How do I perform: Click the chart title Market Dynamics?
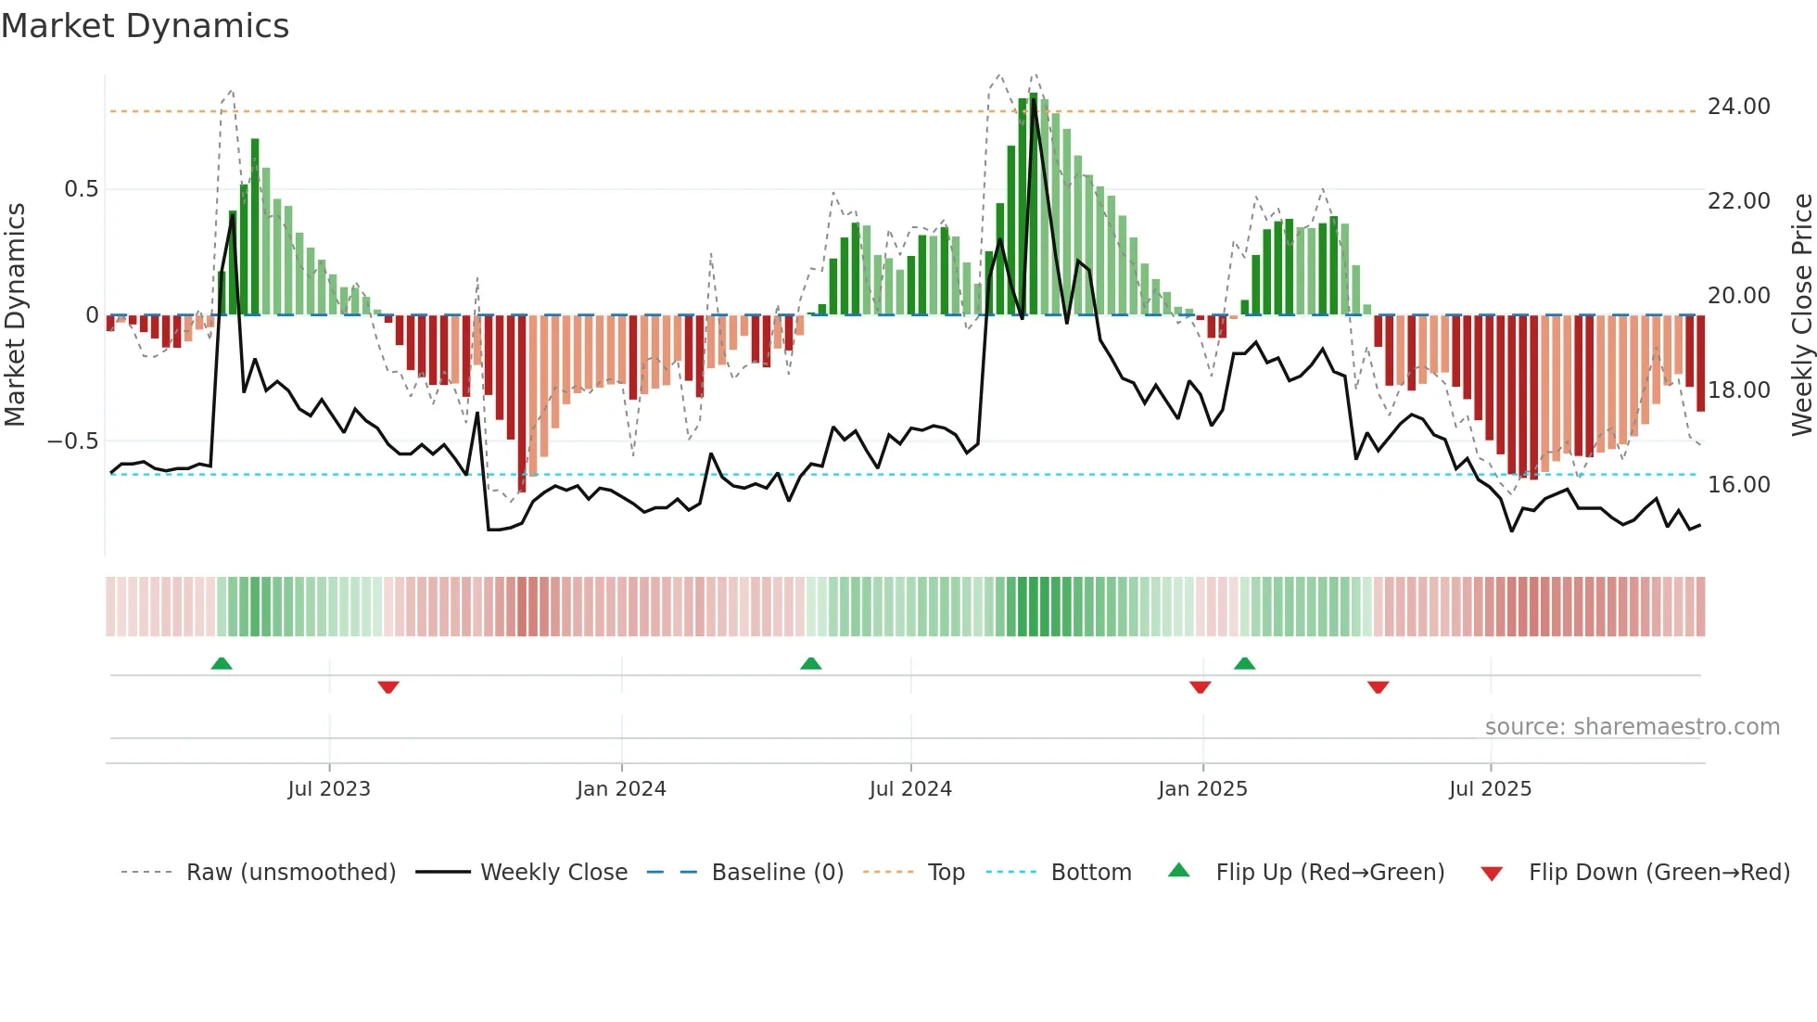[x=146, y=26]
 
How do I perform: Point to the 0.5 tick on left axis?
[x=81, y=189]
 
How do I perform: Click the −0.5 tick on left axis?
[x=73, y=441]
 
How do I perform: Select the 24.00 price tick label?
[x=1738, y=107]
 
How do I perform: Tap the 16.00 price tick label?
[x=1738, y=485]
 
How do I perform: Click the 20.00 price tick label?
[x=1738, y=296]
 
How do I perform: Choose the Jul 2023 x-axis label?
[x=329, y=789]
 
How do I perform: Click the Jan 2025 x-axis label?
[x=1202, y=789]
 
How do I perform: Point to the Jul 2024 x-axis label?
[x=910, y=789]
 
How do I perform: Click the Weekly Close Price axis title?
[x=1801, y=315]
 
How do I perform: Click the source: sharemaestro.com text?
[x=1632, y=727]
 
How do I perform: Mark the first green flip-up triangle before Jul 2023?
[x=222, y=663]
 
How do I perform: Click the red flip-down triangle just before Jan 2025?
[x=1200, y=687]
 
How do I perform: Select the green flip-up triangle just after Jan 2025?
[x=1244, y=663]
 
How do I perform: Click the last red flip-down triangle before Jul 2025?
[x=1378, y=687]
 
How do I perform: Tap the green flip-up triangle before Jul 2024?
[x=810, y=663]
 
